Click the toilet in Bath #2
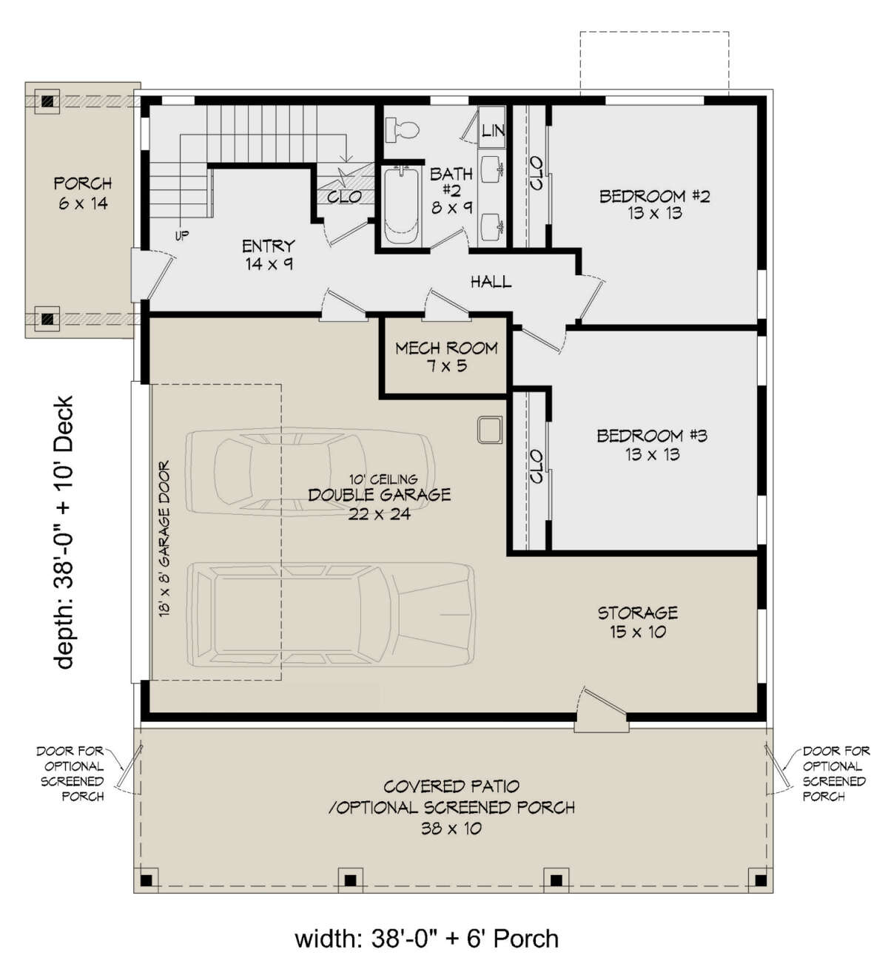(402, 129)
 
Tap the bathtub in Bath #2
(403, 206)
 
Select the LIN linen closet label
(493, 129)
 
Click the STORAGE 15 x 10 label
(638, 622)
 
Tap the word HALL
(491, 282)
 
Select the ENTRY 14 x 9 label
(269, 255)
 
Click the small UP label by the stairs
(182, 236)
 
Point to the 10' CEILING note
(383, 479)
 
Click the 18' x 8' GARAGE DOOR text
(164, 538)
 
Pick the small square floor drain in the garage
(490, 429)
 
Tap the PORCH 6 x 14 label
(83, 193)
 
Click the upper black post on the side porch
(47, 101)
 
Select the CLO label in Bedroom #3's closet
(536, 466)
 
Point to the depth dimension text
(64, 532)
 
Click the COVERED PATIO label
(451, 786)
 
